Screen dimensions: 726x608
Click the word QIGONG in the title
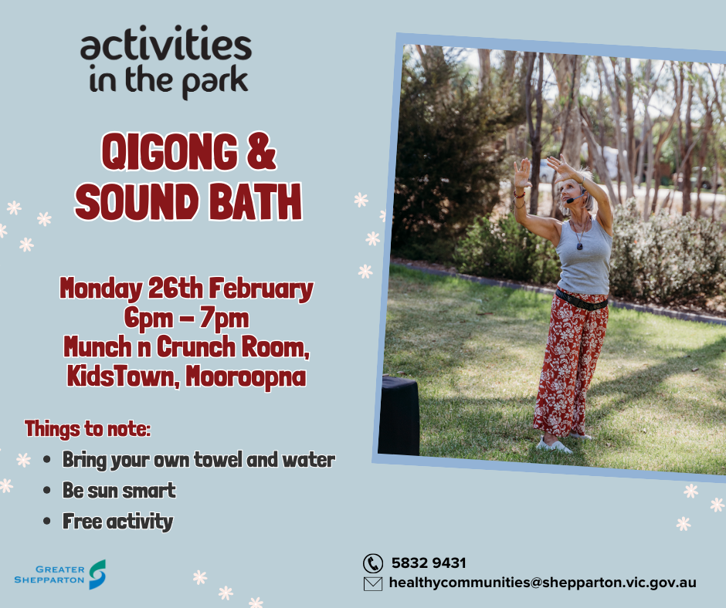tap(170, 152)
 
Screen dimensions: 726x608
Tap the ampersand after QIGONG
tap(261, 151)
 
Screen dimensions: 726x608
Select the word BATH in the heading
tap(255, 201)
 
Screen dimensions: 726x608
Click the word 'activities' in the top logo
tap(166, 43)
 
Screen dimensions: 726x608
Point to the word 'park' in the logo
tap(215, 82)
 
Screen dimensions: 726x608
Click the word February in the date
tap(261, 289)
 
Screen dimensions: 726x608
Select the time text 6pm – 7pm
tap(186, 319)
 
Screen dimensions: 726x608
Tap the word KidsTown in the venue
tap(123, 377)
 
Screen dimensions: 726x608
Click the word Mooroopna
tap(246, 377)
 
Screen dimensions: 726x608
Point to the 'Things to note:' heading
tap(87, 429)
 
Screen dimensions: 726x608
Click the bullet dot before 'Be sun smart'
tap(47, 491)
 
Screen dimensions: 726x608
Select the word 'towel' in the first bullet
tap(218, 459)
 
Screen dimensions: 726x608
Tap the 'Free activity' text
tap(117, 522)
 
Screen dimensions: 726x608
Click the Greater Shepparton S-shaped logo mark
tap(97, 574)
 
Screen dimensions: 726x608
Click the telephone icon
tap(373, 563)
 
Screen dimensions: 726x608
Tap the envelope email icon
tap(373, 583)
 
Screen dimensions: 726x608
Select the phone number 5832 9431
tap(429, 563)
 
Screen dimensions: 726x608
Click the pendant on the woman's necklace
tap(579, 245)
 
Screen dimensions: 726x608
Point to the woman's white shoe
tap(555, 446)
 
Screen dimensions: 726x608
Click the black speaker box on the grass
tap(399, 416)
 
